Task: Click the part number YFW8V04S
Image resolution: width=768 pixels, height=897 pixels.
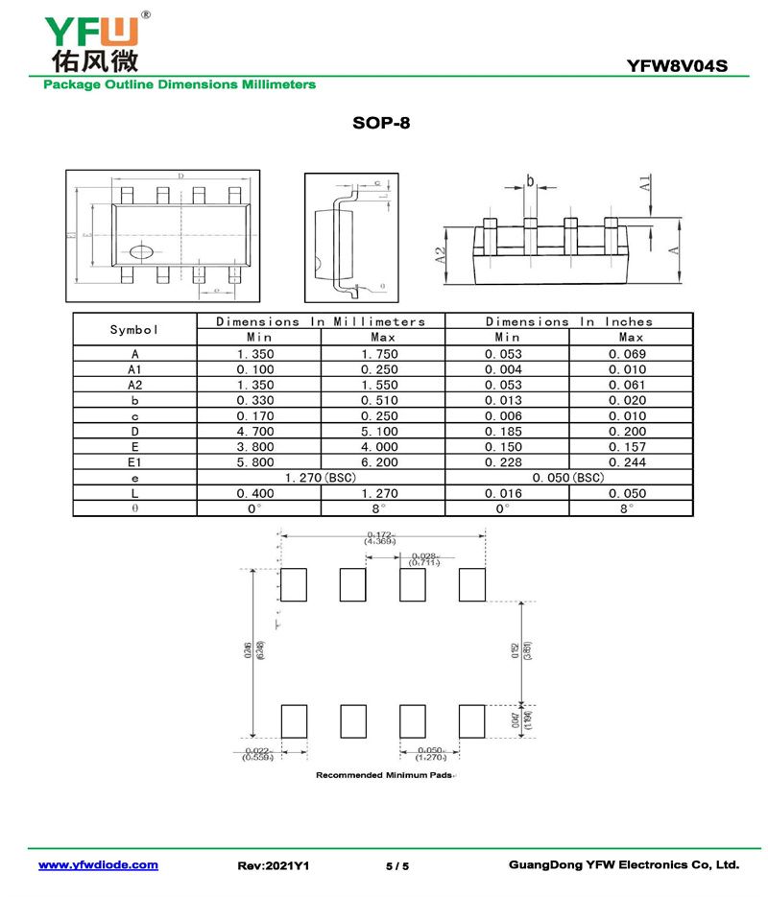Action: point(677,66)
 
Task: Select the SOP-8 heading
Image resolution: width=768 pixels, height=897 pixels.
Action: point(381,124)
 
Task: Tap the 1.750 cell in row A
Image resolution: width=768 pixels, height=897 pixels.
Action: point(383,355)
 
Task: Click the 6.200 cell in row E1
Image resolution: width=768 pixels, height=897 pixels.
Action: point(383,462)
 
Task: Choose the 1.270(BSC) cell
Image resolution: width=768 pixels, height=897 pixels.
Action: point(321,478)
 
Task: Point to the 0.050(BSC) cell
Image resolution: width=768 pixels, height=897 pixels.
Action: point(568,478)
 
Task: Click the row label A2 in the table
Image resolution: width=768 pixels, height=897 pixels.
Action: point(134,386)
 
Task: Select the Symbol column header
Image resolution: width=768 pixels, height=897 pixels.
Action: point(134,330)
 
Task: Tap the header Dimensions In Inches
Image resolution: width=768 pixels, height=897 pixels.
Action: point(568,322)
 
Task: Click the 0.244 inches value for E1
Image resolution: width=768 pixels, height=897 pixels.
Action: point(630,462)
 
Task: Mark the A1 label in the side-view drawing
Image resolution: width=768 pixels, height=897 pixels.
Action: point(646,184)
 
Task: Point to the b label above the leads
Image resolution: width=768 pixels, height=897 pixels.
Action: point(529,181)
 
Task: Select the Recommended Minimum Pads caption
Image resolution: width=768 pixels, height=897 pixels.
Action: point(384,774)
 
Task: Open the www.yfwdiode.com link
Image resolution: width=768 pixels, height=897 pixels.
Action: point(98,865)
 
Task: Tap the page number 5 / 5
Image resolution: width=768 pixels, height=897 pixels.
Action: point(397,866)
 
